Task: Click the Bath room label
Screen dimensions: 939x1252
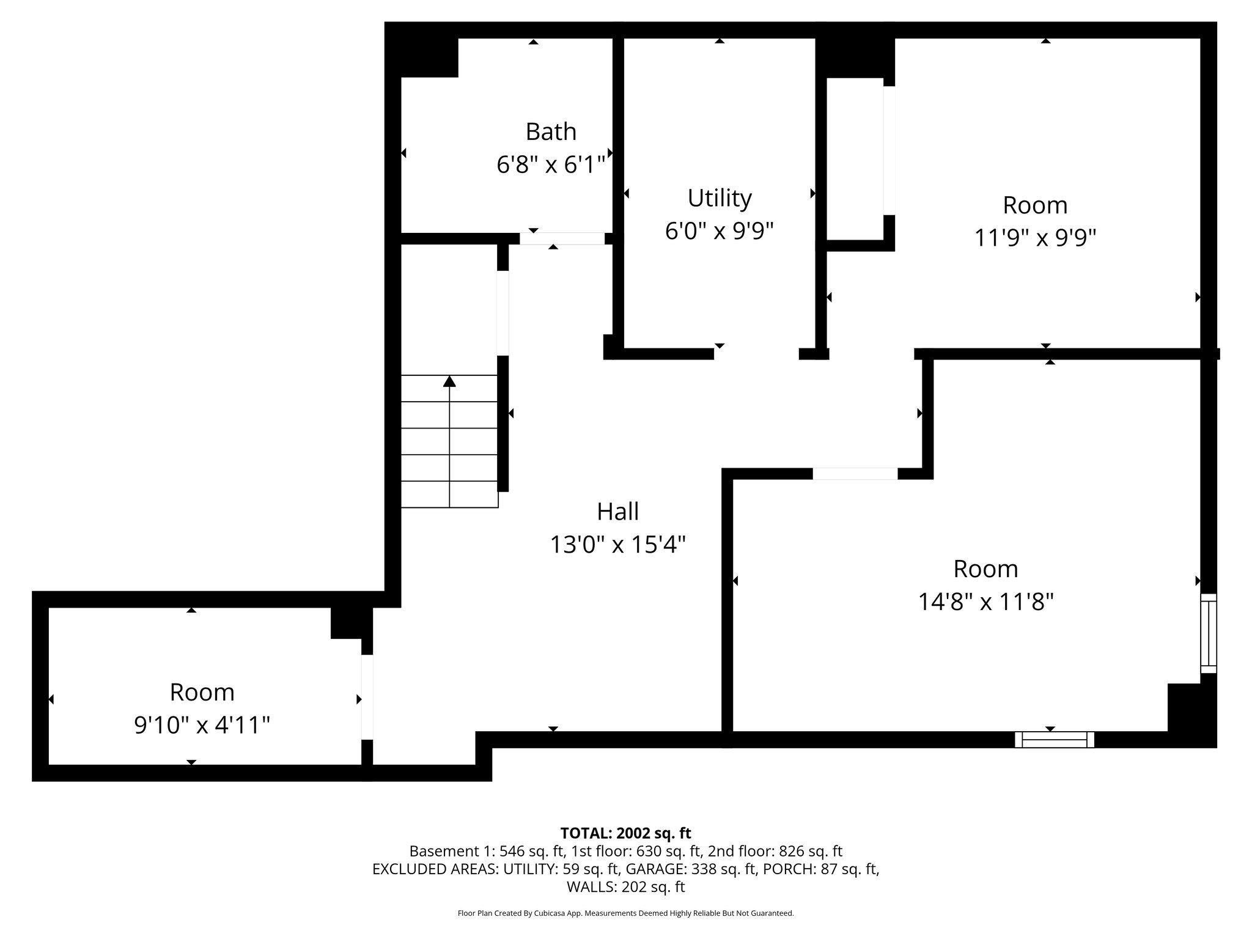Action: tap(550, 131)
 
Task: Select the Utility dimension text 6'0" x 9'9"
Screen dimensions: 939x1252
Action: tap(719, 231)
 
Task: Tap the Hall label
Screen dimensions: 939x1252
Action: tap(617, 512)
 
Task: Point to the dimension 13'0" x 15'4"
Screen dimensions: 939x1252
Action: tap(617, 544)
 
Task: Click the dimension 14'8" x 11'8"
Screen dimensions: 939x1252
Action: tap(985, 602)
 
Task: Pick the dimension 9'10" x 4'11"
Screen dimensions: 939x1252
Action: tap(202, 726)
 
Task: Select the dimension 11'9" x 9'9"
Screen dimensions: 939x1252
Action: tap(1034, 238)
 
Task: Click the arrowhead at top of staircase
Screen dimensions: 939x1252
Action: tap(449, 381)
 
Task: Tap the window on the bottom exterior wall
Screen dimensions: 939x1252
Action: tap(1054, 740)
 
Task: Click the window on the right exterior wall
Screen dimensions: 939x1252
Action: tap(1208, 633)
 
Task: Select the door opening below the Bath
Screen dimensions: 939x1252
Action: tap(562, 239)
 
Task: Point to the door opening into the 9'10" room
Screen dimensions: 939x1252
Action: tap(367, 697)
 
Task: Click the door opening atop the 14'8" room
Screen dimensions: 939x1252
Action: tap(855, 474)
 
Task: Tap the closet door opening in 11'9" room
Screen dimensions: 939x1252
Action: tap(889, 150)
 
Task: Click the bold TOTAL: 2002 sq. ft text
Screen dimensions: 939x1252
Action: tap(625, 833)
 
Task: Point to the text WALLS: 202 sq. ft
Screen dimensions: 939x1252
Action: tap(625, 887)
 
